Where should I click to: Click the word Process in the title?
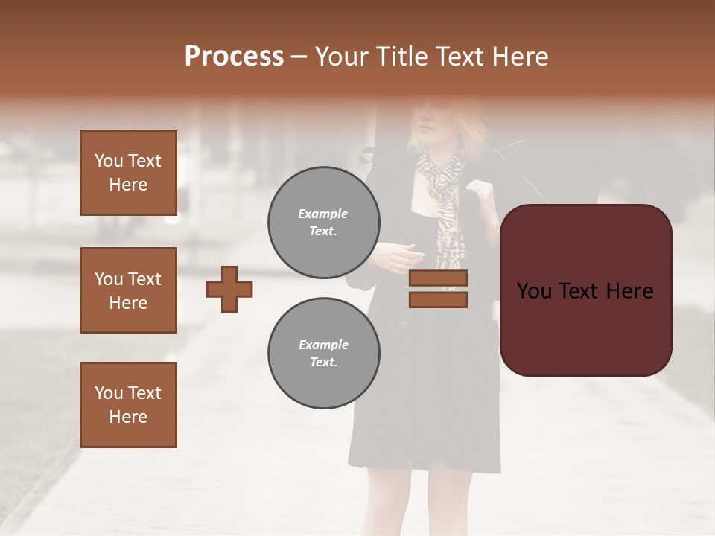[x=234, y=57]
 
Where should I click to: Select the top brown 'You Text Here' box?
[x=128, y=173]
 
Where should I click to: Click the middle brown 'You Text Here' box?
[x=128, y=290]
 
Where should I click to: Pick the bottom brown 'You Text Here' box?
[x=128, y=405]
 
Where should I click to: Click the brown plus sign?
[x=229, y=289]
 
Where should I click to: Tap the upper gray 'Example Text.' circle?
[x=324, y=223]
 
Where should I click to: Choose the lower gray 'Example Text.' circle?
[x=324, y=354]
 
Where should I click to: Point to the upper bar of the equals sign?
[x=438, y=278]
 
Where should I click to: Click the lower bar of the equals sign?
[x=438, y=299]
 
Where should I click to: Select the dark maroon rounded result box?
[x=585, y=290]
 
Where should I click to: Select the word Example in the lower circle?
[x=323, y=345]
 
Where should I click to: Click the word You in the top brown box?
[x=109, y=161]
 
